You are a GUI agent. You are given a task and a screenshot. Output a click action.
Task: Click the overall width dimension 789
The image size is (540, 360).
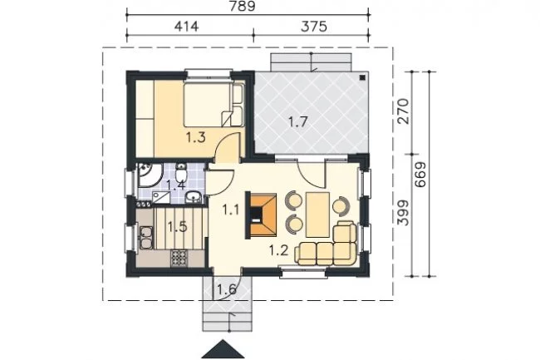click(x=242, y=6)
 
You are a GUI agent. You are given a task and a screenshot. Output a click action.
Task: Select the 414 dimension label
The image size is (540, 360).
click(x=186, y=26)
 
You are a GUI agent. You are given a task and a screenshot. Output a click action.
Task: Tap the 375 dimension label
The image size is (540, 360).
click(x=314, y=26)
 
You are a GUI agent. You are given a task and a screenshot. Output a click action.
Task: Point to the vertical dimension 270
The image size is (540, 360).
click(x=403, y=111)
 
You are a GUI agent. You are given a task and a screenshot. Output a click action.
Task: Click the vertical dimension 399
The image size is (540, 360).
click(x=403, y=213)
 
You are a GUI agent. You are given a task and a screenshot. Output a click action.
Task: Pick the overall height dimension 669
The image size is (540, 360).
click(x=420, y=175)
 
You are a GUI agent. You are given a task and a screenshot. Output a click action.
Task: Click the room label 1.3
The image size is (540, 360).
click(x=196, y=137)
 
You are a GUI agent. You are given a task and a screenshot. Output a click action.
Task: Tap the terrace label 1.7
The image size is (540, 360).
click(x=297, y=121)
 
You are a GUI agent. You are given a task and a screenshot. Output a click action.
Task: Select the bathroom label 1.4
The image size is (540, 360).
click(x=176, y=185)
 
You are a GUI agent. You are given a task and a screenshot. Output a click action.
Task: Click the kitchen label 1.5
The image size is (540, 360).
click(x=177, y=227)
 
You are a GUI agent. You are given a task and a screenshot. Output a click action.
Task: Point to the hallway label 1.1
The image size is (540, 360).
click(x=230, y=210)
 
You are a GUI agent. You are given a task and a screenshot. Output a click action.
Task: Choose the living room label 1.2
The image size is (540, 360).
click(x=278, y=250)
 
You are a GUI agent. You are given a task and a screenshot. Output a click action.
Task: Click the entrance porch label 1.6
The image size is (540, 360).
click(x=227, y=289)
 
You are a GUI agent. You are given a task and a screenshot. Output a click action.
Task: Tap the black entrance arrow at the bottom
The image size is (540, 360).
click(x=223, y=349)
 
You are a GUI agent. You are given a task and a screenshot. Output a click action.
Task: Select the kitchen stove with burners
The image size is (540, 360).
click(x=179, y=258)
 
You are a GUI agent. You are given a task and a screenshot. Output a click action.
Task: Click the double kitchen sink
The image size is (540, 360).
click(x=146, y=238)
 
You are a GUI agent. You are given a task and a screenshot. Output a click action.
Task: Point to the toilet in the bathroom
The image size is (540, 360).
click(x=181, y=173)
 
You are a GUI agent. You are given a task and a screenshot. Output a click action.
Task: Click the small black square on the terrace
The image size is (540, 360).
click(x=362, y=78)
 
